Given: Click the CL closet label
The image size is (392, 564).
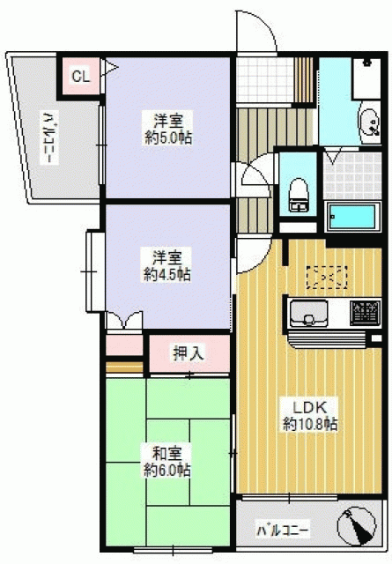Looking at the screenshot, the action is point(80,77).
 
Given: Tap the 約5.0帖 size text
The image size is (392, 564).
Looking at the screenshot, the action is point(168,137).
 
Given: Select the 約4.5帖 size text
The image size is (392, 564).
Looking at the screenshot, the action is point(166,275).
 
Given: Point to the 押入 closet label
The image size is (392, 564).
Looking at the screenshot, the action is point(189,352).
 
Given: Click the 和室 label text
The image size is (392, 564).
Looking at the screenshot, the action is point(166,454).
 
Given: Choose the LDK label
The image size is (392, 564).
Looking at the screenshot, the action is point(310,407).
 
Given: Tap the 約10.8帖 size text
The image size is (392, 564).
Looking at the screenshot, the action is point(310,425).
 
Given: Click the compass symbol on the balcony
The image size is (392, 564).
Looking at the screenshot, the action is point(356,527).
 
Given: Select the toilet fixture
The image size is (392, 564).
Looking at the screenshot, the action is point(299,195).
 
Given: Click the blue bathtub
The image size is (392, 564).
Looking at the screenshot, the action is point(352,217).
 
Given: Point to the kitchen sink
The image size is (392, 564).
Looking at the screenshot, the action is point(309,313).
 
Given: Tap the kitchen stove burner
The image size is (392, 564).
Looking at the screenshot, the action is point(365,312).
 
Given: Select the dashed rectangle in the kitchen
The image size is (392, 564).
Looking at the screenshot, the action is point(327,277).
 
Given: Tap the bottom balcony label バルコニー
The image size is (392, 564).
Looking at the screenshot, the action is point(283,531).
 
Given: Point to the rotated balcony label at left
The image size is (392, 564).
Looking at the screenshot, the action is point(50,137).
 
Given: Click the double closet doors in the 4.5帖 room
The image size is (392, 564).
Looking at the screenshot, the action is point(124,320).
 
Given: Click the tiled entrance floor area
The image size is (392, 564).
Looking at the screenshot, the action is point(264,80).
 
